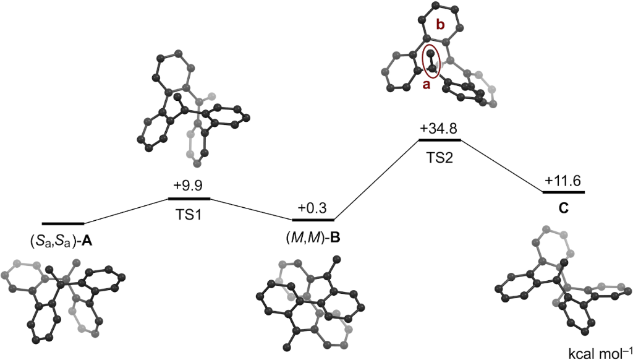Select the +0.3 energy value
click(x=312, y=208)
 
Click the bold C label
click(x=563, y=208)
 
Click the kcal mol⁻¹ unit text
click(x=599, y=353)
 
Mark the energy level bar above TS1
click(x=189, y=199)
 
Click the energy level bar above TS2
click(x=440, y=140)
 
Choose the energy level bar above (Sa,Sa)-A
click(x=62, y=223)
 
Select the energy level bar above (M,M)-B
click(x=313, y=220)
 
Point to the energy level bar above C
click(x=563, y=192)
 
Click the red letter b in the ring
click(x=440, y=25)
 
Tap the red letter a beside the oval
click(x=425, y=86)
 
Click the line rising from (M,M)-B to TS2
click(x=376, y=179)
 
